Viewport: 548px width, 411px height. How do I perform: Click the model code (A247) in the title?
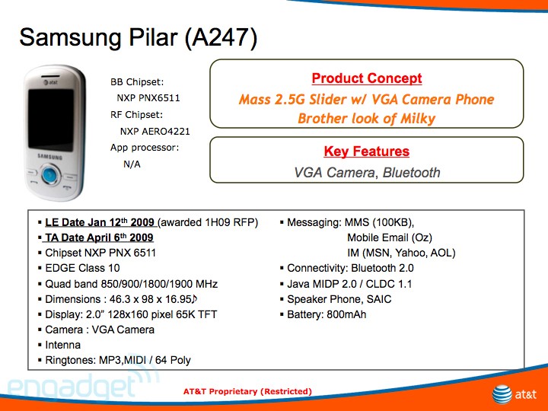[x=221, y=38]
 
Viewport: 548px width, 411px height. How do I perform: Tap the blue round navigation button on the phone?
[x=49, y=175]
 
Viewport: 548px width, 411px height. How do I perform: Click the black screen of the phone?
[x=51, y=119]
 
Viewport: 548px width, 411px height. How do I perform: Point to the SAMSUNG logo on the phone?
[x=50, y=157]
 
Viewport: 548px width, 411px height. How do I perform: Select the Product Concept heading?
[x=367, y=78]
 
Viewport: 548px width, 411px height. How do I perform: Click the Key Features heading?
[x=366, y=151]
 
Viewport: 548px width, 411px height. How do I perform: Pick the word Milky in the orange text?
[x=418, y=119]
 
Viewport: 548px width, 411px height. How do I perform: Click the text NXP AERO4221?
[x=155, y=132]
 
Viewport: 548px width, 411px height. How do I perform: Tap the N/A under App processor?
[x=132, y=164]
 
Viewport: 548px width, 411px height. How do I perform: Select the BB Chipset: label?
[x=137, y=82]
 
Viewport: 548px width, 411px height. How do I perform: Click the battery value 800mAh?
[x=346, y=314]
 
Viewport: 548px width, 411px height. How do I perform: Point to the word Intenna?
[x=63, y=345]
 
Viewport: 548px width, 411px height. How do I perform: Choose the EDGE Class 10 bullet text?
[x=82, y=268]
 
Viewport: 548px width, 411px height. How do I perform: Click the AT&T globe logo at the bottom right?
[x=502, y=394]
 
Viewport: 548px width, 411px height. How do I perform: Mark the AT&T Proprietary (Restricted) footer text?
[x=247, y=391]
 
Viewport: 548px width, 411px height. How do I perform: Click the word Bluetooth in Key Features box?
[x=411, y=173]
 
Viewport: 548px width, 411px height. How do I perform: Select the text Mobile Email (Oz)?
[x=390, y=237]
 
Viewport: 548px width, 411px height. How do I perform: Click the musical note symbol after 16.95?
[x=195, y=299]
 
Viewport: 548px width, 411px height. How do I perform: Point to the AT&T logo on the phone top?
[x=51, y=82]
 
